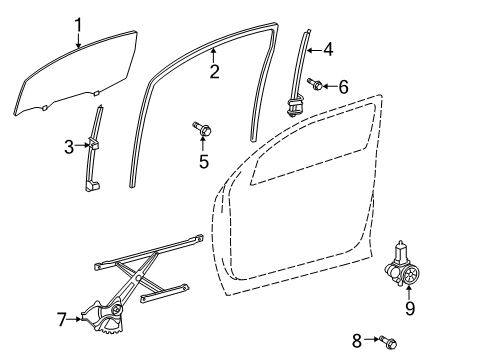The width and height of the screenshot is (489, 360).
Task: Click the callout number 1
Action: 78,25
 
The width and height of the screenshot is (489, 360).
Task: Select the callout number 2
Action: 215,72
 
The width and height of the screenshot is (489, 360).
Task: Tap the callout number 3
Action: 69,147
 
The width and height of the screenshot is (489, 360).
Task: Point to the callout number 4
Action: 328,49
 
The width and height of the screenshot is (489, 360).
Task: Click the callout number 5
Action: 204,161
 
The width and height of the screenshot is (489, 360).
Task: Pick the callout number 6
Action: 343,87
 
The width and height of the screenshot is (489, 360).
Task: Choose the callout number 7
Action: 62,319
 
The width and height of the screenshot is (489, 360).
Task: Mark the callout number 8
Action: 357,340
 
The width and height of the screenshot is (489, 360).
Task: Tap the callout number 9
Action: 410,308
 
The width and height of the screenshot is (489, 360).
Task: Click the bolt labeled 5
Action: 202,129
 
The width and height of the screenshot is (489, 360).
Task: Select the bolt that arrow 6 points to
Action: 315,84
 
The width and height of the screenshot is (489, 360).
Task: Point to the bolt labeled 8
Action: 388,342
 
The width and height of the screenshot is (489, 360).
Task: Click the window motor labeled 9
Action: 402,265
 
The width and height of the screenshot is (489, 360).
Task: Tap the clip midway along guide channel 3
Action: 93,143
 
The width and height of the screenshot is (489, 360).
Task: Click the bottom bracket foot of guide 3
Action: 92,184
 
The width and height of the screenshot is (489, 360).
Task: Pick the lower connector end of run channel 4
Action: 294,105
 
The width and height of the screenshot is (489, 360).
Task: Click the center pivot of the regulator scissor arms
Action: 137,278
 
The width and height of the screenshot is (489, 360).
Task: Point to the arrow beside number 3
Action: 82,145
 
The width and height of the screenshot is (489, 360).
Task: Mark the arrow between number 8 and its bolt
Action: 372,339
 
